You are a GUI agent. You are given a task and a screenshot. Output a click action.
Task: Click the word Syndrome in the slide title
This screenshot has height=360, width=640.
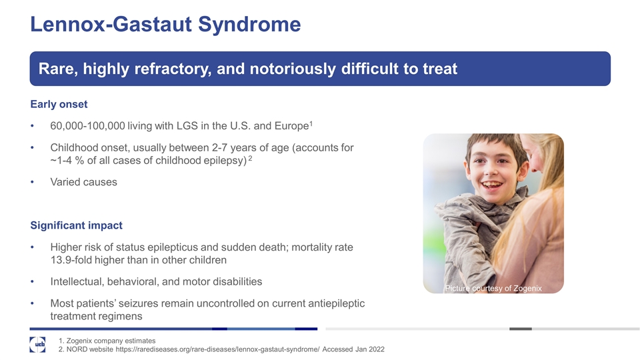coord(249,25)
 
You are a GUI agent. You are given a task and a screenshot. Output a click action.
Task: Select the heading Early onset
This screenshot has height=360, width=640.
coord(59,105)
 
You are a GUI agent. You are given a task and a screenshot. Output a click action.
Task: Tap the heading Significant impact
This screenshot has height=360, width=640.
coord(76,225)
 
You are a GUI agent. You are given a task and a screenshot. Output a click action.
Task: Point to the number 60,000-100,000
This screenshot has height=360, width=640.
coord(88,126)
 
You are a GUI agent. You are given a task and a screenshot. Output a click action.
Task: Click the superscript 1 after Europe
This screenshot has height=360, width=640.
coord(311,123)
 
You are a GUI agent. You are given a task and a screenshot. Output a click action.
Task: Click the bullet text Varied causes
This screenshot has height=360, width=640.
coord(84,182)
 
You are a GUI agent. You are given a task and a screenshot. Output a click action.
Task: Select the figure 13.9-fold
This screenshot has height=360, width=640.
coord(71,260)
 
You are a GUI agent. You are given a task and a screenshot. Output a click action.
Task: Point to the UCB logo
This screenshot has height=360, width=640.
coord(37,345)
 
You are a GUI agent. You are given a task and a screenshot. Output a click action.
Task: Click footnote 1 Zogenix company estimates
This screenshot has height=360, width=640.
coord(107,341)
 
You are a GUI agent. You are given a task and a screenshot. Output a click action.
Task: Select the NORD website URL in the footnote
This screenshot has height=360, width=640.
coord(217,349)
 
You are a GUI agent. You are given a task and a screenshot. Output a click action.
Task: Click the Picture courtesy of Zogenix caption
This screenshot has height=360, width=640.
coord(493,288)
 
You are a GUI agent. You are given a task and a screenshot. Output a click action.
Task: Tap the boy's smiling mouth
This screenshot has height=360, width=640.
coord(491,185)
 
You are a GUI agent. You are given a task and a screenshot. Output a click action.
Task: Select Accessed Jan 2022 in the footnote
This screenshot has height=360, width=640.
coord(353,349)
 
